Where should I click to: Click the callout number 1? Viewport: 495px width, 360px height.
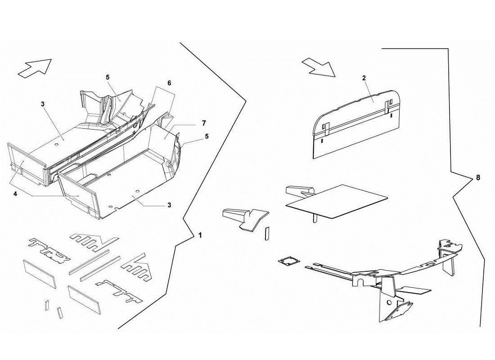pyautogui.click(x=200, y=235)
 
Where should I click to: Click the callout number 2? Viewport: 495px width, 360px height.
pyautogui.click(x=364, y=78)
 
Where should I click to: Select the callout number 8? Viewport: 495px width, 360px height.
pyautogui.click(x=478, y=177)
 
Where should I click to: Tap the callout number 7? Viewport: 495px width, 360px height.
pyautogui.click(x=204, y=122)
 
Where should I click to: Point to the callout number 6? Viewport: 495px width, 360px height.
pyautogui.click(x=169, y=83)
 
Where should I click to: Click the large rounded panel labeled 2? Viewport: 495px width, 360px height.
pyautogui.click(x=355, y=126)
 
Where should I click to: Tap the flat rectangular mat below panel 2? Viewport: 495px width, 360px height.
pyautogui.click(x=337, y=201)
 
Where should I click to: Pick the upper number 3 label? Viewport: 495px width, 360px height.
pyautogui.click(x=42, y=104)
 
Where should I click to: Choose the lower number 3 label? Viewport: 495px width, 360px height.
pyautogui.click(x=169, y=205)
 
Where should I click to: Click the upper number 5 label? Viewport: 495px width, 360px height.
pyautogui.click(x=108, y=77)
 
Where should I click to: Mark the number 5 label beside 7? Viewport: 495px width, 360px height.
pyautogui.click(x=207, y=135)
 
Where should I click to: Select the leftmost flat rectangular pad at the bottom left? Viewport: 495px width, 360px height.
pyautogui.click(x=40, y=273)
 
